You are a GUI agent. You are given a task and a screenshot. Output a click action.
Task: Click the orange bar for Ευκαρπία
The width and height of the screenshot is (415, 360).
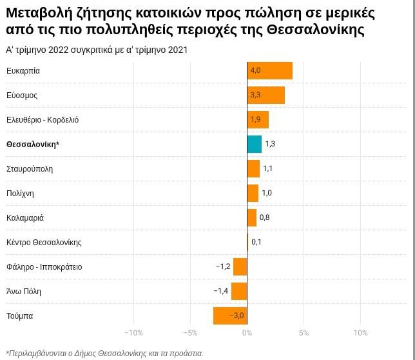pyautogui.click(x=269, y=70)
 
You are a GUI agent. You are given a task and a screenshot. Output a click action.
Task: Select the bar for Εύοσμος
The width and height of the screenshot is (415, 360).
pyautogui.click(x=265, y=95)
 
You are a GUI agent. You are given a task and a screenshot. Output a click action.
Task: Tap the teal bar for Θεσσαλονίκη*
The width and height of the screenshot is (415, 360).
pyautogui.click(x=254, y=144)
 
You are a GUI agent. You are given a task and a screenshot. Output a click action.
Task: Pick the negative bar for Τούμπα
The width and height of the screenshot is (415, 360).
pyautogui.click(x=229, y=315)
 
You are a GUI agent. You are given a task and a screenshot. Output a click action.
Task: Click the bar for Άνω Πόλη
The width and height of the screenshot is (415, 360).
pyautogui.click(x=238, y=291)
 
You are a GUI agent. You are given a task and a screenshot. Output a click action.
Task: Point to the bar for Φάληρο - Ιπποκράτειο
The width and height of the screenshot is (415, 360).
pyautogui.click(x=240, y=266)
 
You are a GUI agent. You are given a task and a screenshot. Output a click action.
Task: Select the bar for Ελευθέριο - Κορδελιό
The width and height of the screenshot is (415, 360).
pyautogui.click(x=258, y=119)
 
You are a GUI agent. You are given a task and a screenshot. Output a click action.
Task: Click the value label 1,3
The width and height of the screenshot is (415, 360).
pyautogui.click(x=270, y=144)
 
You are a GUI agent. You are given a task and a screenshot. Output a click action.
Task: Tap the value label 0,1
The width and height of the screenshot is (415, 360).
pyautogui.click(x=256, y=242)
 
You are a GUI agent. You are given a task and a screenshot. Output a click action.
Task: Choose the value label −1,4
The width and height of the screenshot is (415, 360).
pyautogui.click(x=221, y=291)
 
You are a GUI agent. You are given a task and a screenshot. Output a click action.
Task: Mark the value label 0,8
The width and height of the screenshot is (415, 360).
pyautogui.click(x=264, y=217)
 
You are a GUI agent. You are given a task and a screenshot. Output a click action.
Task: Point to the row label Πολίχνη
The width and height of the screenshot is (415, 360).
pyautogui.click(x=20, y=194)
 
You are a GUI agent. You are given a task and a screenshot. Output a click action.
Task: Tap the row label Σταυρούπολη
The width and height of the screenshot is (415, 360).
pyautogui.click(x=30, y=169)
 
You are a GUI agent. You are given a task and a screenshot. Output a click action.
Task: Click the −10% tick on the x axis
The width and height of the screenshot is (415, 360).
pyautogui.click(x=133, y=333)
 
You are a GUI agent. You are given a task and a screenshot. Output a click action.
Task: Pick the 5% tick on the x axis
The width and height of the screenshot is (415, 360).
pyautogui.click(x=304, y=333)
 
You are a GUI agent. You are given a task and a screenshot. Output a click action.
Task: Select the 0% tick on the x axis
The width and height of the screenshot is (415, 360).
pyautogui.click(x=247, y=333)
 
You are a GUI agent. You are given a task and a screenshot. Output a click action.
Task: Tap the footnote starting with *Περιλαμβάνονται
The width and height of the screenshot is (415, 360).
pyautogui.click(x=104, y=353)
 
